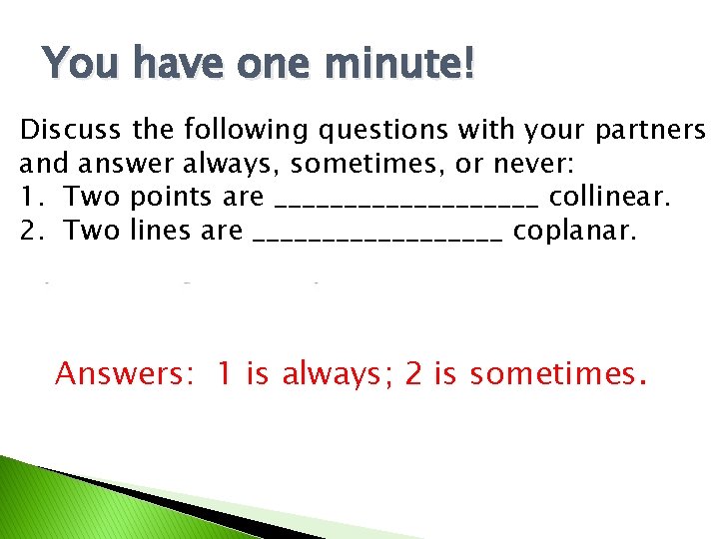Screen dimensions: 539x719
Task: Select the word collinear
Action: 610,197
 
